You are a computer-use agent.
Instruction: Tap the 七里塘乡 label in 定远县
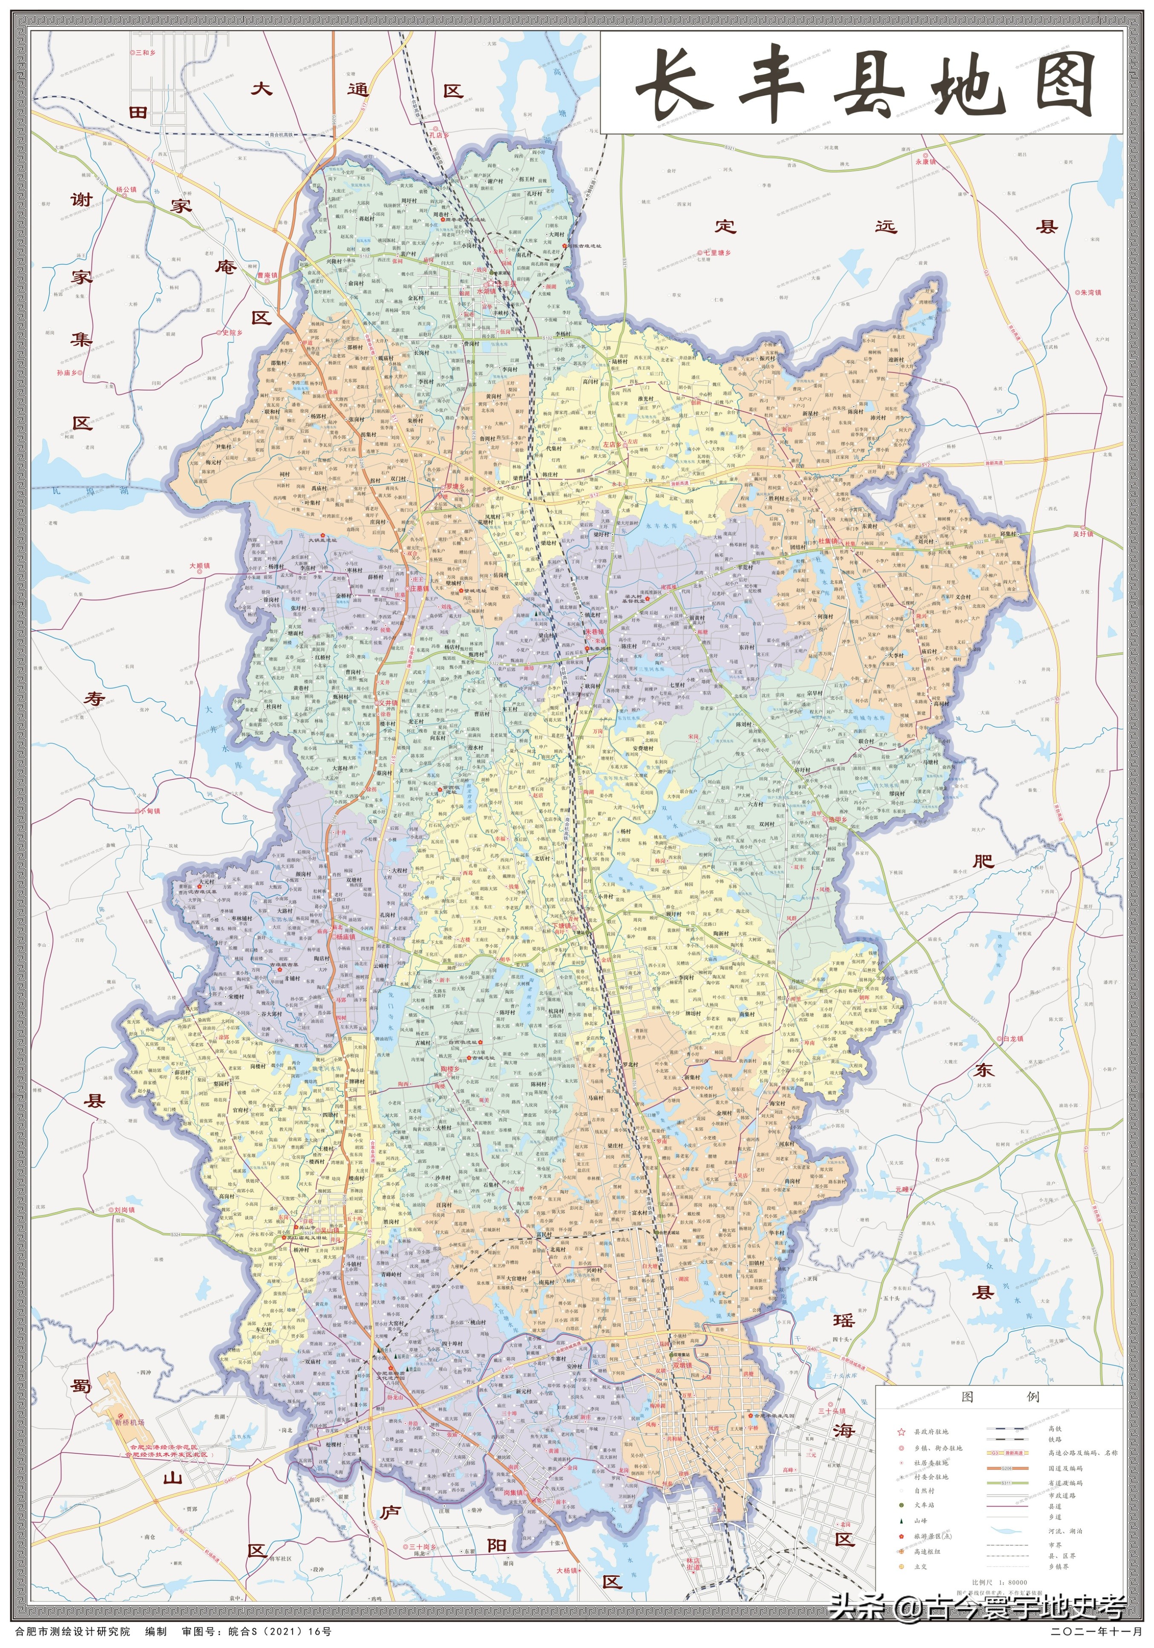[718, 253]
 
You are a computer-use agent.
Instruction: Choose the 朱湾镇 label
[1089, 292]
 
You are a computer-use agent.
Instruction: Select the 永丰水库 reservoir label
[660, 525]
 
